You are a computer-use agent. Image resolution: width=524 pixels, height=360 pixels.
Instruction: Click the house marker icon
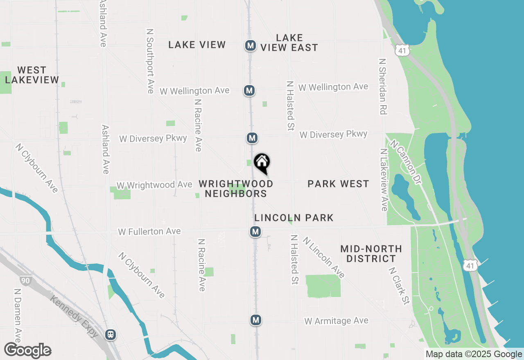(x=262, y=163)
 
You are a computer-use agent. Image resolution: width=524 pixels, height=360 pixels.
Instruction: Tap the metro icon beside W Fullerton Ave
(x=255, y=232)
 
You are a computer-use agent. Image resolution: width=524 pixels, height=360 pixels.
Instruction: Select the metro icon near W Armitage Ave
(x=256, y=319)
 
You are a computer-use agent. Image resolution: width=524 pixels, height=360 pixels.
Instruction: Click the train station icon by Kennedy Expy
(x=110, y=335)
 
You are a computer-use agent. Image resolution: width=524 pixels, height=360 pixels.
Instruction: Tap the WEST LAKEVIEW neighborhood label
(x=32, y=75)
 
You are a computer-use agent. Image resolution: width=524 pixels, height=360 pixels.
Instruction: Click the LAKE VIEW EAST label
(x=289, y=43)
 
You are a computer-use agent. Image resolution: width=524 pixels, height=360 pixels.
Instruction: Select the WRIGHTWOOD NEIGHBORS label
(x=236, y=189)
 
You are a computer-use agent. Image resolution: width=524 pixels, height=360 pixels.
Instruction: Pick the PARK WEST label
(x=338, y=184)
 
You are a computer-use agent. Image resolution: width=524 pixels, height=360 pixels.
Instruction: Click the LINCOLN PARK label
(x=294, y=218)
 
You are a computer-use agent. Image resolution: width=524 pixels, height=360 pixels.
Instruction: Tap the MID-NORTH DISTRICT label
(x=371, y=254)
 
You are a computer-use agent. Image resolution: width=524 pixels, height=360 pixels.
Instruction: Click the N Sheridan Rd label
(x=383, y=86)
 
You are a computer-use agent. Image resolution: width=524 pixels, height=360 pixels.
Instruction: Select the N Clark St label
(x=399, y=286)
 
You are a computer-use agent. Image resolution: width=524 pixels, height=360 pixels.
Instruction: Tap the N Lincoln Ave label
(x=324, y=257)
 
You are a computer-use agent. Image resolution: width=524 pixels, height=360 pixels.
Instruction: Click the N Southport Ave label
(x=150, y=61)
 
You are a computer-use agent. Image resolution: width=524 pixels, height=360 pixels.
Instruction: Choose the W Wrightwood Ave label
(x=154, y=185)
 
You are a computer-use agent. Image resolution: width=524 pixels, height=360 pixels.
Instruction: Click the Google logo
(x=28, y=350)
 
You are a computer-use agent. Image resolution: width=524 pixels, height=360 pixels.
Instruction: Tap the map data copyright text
(x=474, y=354)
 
